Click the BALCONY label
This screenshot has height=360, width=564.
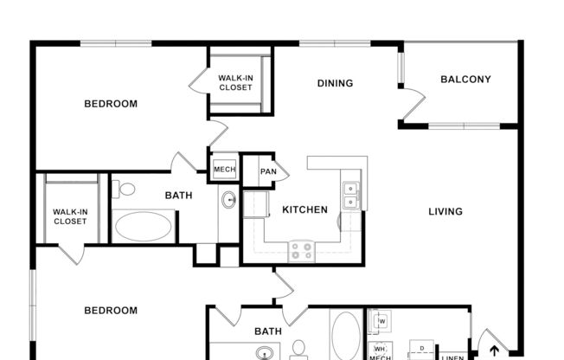click(x=465, y=80)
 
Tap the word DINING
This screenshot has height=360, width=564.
click(x=335, y=84)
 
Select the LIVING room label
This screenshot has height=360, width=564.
click(x=445, y=211)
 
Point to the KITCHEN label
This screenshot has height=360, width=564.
click(x=305, y=209)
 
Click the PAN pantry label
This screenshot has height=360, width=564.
click(x=268, y=171)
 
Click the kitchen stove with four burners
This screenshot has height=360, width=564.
click(x=301, y=251)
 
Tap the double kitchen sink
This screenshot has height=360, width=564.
click(x=351, y=196)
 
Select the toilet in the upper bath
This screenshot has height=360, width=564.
click(x=125, y=189)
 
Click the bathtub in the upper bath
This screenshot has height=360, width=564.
click(x=144, y=226)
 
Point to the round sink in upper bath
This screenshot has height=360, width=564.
click(x=229, y=201)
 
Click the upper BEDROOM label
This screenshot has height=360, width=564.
click(x=110, y=104)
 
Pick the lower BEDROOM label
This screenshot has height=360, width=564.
click(x=110, y=311)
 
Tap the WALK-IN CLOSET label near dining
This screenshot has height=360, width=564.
click(x=235, y=82)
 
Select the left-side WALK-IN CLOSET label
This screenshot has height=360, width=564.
click(x=70, y=216)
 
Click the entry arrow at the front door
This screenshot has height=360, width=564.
click(x=495, y=350)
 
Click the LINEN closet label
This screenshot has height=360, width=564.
click(x=452, y=356)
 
